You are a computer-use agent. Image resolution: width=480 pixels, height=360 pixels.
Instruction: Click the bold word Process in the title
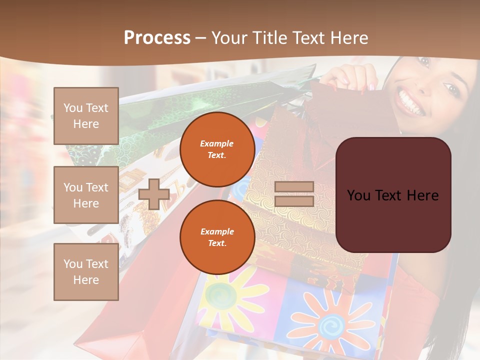tap(157, 38)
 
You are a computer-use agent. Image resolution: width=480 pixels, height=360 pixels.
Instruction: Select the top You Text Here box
tap(86, 116)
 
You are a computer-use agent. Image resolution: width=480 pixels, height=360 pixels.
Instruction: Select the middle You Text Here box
tap(86, 195)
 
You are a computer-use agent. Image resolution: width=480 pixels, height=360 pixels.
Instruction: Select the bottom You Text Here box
tap(86, 271)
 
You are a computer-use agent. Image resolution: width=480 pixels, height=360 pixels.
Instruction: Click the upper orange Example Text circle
tap(217, 149)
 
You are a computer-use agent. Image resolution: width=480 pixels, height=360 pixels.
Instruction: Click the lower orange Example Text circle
tap(217, 237)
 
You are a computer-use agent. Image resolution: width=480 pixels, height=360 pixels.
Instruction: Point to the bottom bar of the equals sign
tap(294, 201)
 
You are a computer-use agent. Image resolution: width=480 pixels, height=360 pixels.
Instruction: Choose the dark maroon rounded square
tap(393, 195)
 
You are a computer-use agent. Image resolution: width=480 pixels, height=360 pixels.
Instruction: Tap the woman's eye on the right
tap(453, 90)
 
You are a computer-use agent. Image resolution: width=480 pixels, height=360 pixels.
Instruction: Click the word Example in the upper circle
tap(217, 143)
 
